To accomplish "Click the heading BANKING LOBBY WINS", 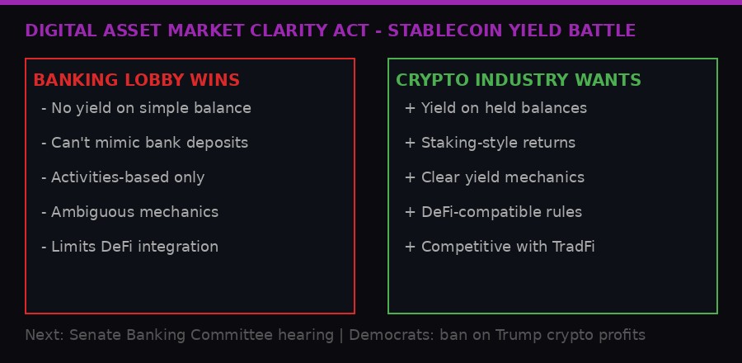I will tap(136, 81).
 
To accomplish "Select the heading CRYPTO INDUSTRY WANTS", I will tap(518, 81).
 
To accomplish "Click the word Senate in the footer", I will tap(92, 336).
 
